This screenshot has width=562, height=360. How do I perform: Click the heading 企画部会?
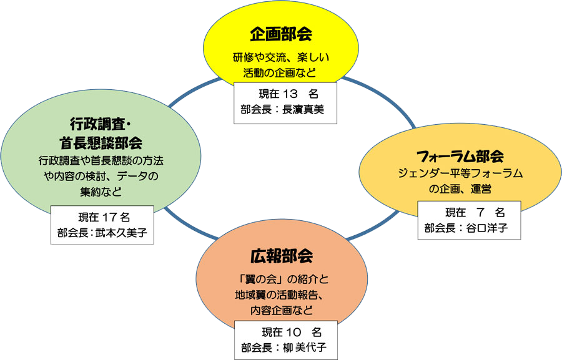point(281,34)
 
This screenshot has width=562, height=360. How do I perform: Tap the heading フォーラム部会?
point(460,156)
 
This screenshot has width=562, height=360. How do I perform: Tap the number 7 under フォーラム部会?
point(479,212)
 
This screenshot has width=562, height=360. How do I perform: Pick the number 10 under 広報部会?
point(292,331)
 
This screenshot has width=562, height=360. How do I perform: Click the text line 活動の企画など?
point(280,73)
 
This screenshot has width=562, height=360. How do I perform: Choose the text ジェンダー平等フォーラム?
point(460,173)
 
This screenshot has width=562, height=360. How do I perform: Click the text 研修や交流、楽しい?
point(280,57)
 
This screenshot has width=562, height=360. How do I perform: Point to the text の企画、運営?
point(460,188)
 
